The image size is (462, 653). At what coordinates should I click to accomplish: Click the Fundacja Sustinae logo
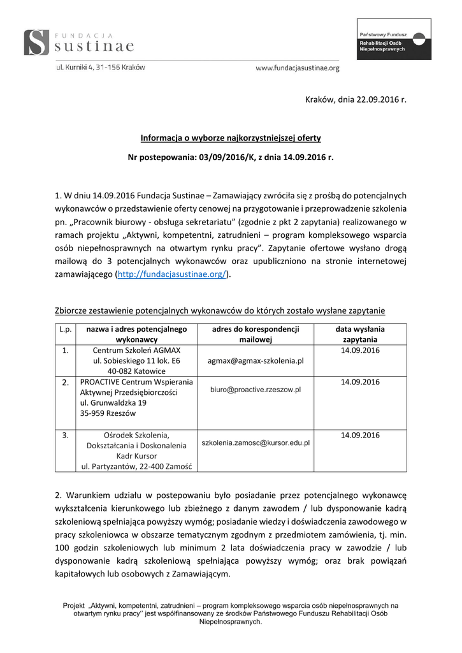79,42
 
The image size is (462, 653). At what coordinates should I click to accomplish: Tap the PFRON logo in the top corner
393,40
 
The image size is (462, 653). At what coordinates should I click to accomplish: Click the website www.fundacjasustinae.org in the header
297,68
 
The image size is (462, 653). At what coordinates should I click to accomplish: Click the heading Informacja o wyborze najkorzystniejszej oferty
231,138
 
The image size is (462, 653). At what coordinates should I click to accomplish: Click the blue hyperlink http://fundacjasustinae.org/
171,274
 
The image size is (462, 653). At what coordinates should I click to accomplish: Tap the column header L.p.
65,329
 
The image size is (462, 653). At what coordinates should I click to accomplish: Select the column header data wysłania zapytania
360,334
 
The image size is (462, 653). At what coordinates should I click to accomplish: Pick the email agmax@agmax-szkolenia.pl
256,360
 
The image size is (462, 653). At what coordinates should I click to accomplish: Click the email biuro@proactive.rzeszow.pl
256,388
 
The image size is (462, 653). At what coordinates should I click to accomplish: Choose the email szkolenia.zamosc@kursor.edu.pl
256,442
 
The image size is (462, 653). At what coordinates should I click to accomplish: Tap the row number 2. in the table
65,383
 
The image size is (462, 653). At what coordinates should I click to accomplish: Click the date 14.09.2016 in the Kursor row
360,435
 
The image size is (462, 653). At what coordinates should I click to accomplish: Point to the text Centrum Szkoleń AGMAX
136,351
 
